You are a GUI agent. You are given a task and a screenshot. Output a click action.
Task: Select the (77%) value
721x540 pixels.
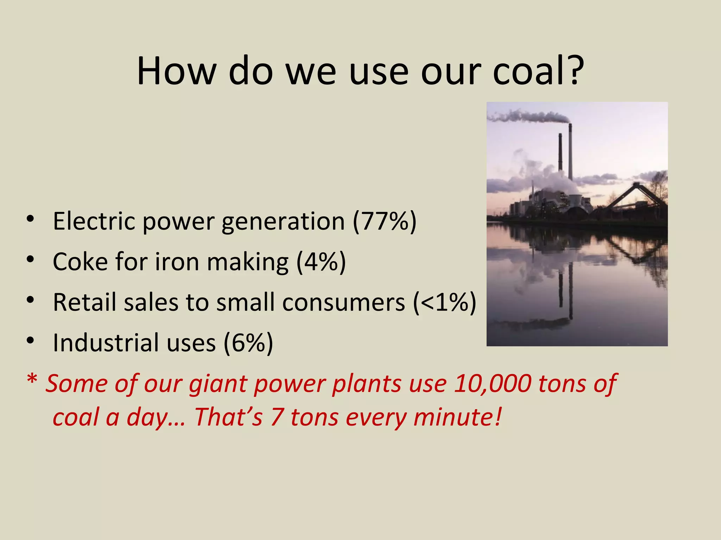click(x=384, y=221)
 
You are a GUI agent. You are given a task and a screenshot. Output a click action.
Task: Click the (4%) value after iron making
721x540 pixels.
click(x=321, y=262)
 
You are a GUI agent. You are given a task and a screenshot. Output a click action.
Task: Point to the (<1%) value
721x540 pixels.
click(x=445, y=302)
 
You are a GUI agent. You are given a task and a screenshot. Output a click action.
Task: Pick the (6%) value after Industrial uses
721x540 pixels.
click(x=248, y=343)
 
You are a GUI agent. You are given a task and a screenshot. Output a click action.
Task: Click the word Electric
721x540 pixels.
click(x=94, y=221)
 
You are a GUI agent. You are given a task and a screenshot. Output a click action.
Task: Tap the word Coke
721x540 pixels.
click(x=80, y=262)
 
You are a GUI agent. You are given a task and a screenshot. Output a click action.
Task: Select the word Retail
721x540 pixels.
click(x=84, y=302)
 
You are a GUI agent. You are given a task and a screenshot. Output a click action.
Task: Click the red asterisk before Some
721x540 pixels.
click(x=32, y=380)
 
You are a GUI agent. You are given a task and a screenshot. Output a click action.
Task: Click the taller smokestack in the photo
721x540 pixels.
click(x=570, y=151)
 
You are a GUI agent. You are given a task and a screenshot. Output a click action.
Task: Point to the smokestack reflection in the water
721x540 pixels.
click(x=570, y=292)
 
